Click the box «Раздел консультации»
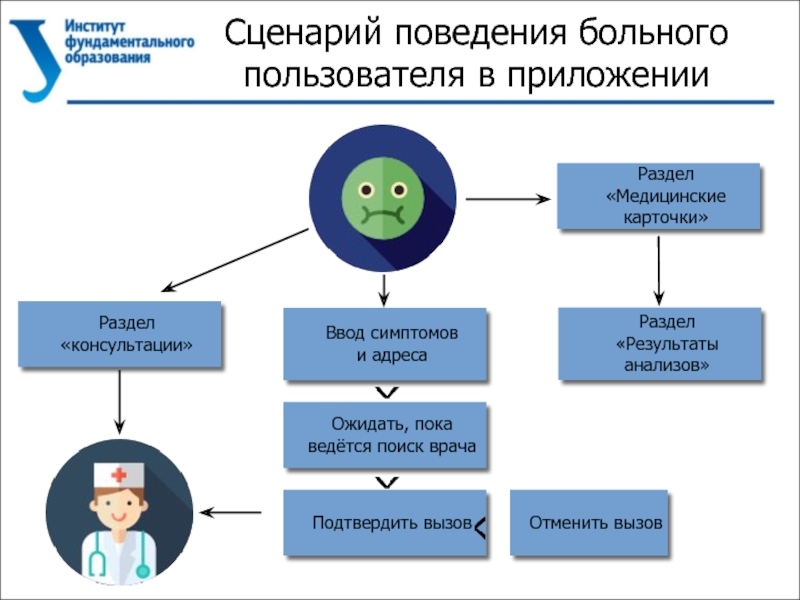pyautogui.click(x=120, y=335)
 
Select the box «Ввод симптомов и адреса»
pyautogui.click(x=386, y=344)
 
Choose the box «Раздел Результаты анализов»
pyautogui.click(x=659, y=344)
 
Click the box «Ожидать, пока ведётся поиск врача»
pyautogui.click(x=386, y=436)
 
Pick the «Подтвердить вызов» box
pyautogui.click(x=386, y=522)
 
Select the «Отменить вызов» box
pyautogui.click(x=589, y=522)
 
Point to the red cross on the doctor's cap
pyautogui.click(x=119, y=475)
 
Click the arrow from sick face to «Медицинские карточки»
pyautogui.click(x=508, y=199)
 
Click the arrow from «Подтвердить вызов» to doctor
pyautogui.click(x=232, y=513)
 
